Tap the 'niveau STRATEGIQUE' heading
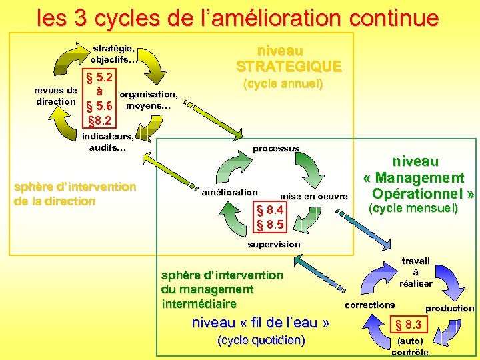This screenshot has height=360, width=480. click(288, 59)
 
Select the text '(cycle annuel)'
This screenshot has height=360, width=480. click(283, 85)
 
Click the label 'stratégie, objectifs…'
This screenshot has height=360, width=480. click(114, 54)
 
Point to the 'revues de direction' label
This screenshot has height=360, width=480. click(56, 96)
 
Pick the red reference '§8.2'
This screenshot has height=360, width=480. click(99, 121)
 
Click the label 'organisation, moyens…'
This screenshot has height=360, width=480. click(148, 100)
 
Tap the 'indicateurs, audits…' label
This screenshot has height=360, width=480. click(107, 142)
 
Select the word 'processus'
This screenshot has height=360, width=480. click(276, 147)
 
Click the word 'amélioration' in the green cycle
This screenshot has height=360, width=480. click(229, 192)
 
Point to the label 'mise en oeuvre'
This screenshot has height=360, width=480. click(314, 196)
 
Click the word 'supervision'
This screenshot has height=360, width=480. click(274, 244)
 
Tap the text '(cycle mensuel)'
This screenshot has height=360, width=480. click(415, 209)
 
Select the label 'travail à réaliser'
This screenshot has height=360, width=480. click(415, 272)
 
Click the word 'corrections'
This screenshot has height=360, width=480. click(369, 305)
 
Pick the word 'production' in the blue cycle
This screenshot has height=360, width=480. click(450, 308)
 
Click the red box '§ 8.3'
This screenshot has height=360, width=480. click(409, 325)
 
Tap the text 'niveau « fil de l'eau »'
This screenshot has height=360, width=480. click(261, 323)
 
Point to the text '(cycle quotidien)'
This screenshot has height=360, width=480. click(261, 341)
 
